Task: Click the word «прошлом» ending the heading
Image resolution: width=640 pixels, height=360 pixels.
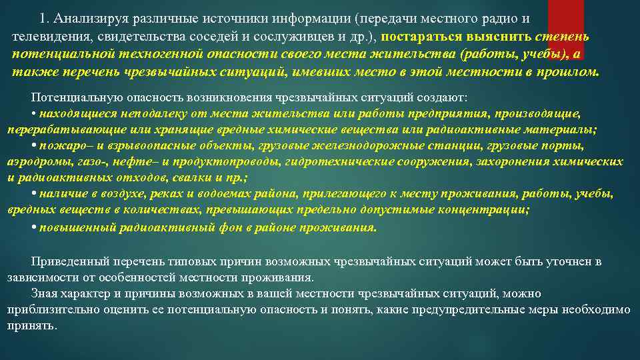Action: [x=572, y=72]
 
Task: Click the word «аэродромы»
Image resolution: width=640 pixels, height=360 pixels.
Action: [x=33, y=161]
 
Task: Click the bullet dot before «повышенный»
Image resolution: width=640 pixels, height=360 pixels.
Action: [x=34, y=227]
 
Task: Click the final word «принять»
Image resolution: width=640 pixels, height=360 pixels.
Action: [x=33, y=326]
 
